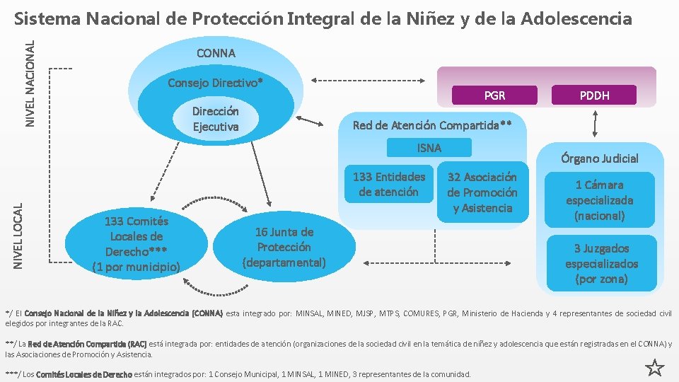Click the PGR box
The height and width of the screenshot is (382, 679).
(x=494, y=95)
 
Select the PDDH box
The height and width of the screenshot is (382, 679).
(x=595, y=95)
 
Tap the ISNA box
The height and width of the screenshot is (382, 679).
(x=429, y=148)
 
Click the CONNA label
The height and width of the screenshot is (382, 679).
(x=216, y=53)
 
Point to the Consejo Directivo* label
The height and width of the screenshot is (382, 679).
(x=215, y=83)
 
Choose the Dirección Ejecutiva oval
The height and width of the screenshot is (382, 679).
(x=216, y=119)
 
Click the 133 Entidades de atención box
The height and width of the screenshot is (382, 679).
(x=388, y=185)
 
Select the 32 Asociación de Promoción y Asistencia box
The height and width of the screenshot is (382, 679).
(x=482, y=192)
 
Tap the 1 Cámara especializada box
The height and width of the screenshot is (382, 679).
(x=599, y=200)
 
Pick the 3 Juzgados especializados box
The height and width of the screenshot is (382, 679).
(x=601, y=263)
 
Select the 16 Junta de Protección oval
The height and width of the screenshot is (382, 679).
(x=284, y=247)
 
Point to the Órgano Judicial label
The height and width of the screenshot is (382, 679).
(x=600, y=158)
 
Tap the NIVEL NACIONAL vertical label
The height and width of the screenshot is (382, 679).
(x=30, y=83)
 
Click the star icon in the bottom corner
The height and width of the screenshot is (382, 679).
(x=654, y=367)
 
